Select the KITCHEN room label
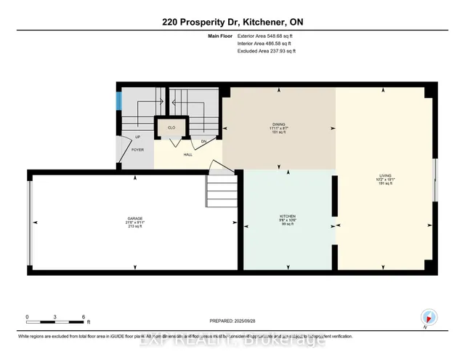(288, 217)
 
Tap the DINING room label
(279, 125)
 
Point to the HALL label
(187, 153)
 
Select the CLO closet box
(171, 128)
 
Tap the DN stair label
(204, 140)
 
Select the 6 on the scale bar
(84, 317)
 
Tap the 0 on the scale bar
(27, 317)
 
